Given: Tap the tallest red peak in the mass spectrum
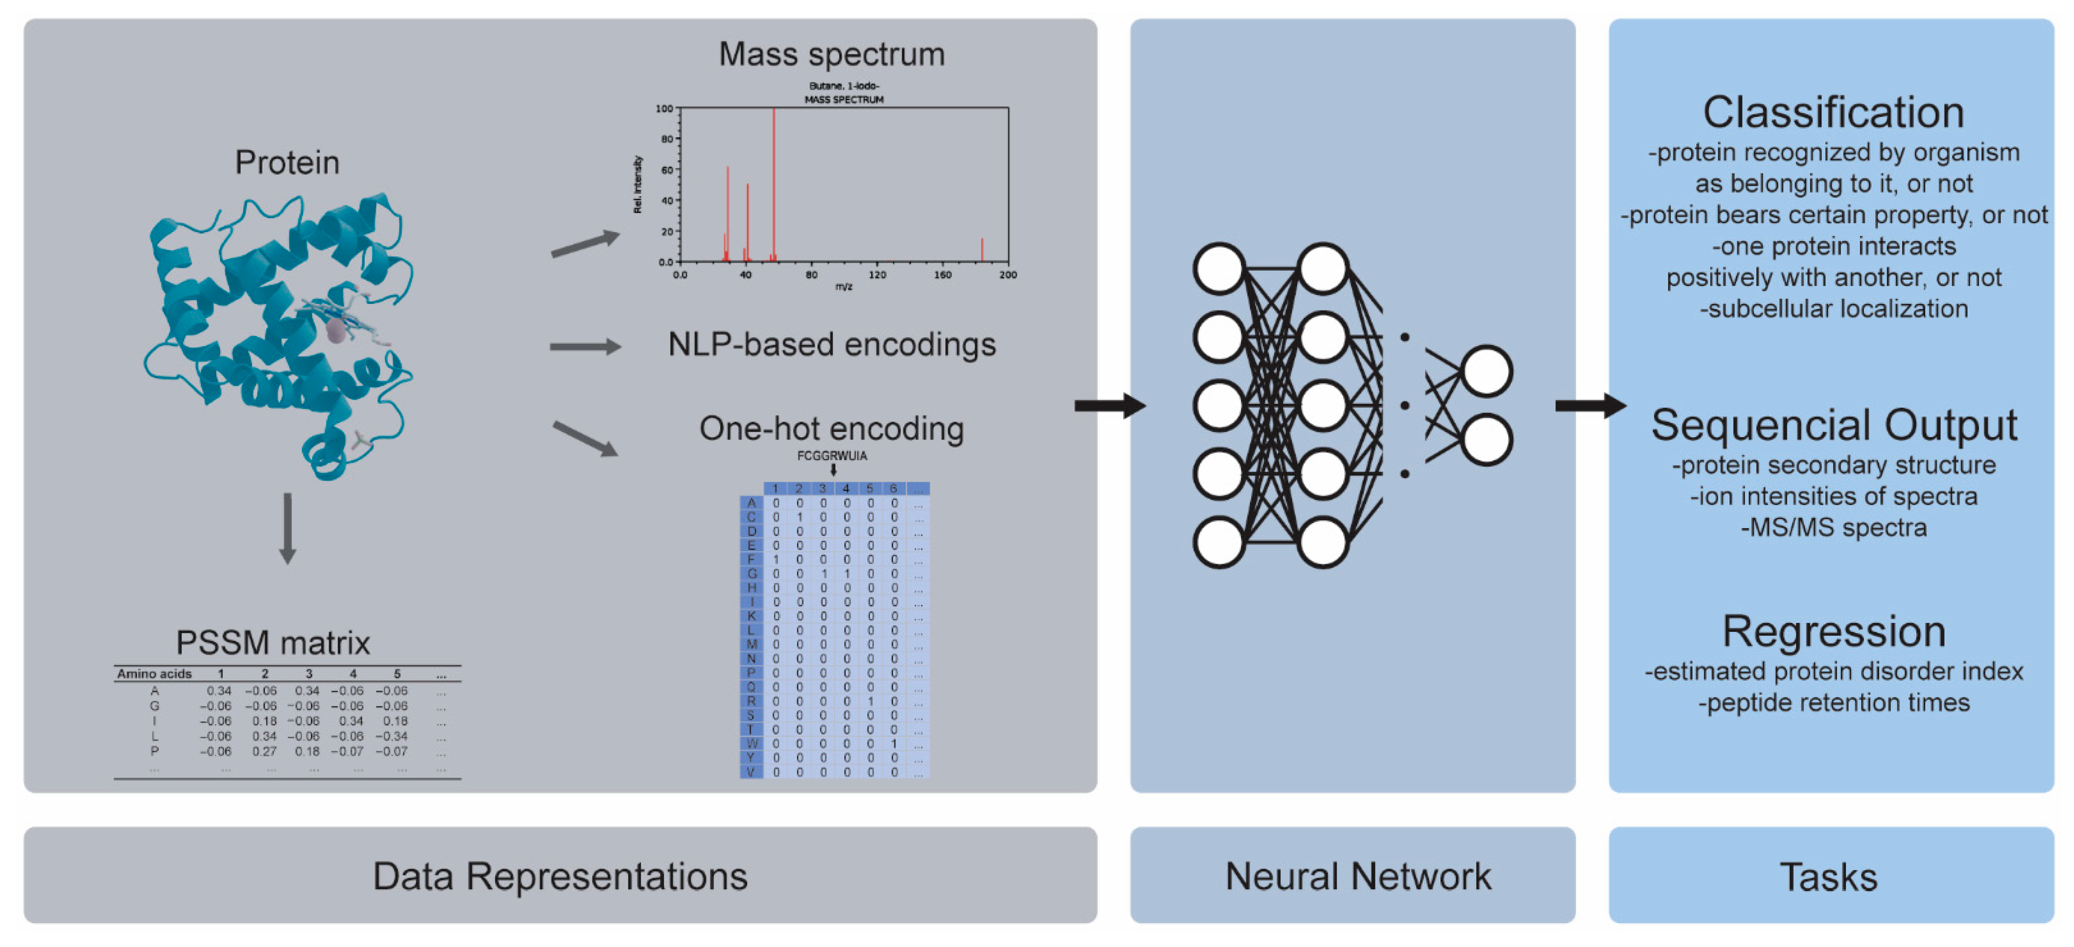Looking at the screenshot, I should (x=774, y=185).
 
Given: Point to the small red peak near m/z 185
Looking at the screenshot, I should (x=981, y=250).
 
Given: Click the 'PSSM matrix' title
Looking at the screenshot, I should (x=273, y=643).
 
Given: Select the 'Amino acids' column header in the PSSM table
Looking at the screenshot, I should (x=154, y=674).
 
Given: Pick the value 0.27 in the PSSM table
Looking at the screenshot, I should (x=264, y=751).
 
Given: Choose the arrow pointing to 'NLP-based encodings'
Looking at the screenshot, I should (x=585, y=347).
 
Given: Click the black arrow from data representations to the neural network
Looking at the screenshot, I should (x=1110, y=406).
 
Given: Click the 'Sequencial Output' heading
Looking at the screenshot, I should (x=1833, y=425).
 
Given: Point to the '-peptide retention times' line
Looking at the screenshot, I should (x=1833, y=703).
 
